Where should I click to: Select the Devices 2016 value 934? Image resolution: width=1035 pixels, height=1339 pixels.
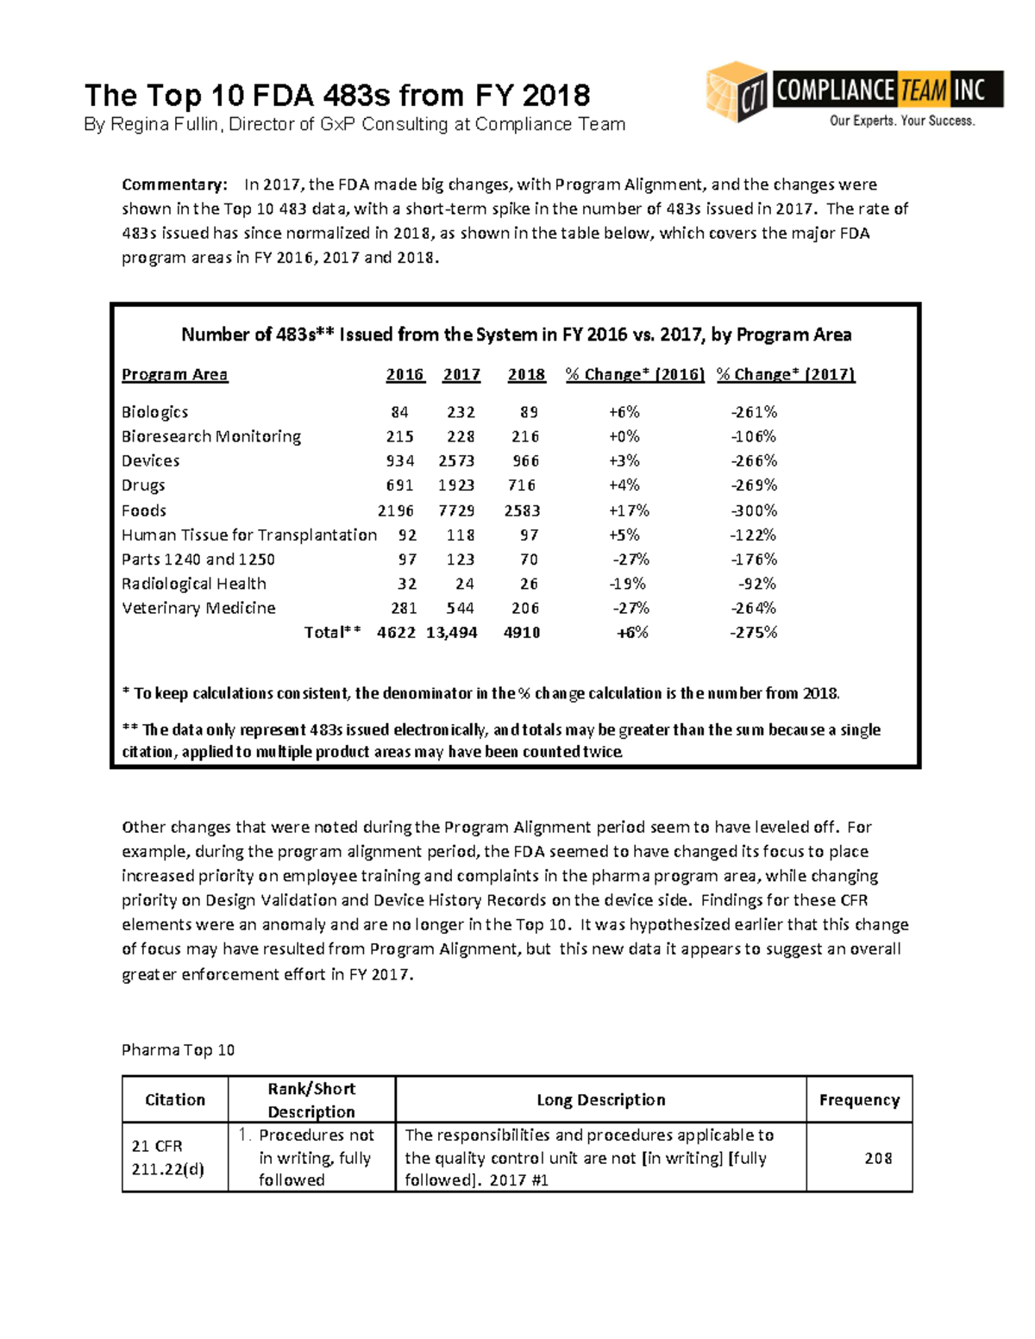399,461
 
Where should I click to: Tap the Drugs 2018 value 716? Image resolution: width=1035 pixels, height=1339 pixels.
522,485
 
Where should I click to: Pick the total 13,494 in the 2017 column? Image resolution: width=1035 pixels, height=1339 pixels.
451,633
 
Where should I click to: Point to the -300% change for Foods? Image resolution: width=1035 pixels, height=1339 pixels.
754,510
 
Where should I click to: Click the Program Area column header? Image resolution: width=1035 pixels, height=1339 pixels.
174,374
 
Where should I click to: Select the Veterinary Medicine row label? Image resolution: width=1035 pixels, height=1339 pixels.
198,608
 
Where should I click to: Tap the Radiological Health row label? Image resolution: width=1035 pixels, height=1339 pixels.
193,584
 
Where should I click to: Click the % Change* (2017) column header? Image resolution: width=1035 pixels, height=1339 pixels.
786,374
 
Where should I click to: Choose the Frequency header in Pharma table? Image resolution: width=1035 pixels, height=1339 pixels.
859,1099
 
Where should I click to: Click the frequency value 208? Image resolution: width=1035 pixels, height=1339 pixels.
878,1158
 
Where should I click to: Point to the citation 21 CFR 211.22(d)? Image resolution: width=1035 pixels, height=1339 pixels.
167,1158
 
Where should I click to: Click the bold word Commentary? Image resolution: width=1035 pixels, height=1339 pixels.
173,185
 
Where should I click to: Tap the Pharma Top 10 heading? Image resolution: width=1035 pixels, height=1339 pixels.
178,1049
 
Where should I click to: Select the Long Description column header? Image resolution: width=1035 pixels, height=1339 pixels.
600,1099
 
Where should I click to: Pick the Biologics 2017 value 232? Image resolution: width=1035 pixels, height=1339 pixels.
461,412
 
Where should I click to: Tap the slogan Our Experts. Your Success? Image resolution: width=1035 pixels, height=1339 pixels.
902,121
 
